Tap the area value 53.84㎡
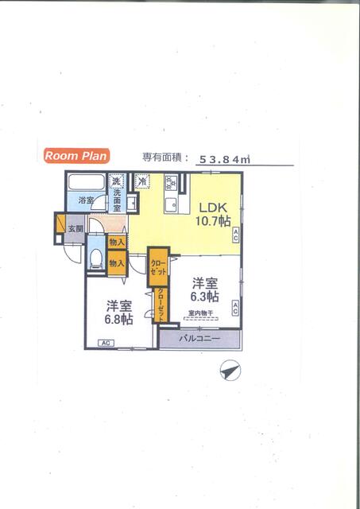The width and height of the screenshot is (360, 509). (x=225, y=159)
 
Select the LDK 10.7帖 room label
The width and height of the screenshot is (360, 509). (x=214, y=212)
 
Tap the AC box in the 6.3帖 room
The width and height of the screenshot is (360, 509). (x=236, y=309)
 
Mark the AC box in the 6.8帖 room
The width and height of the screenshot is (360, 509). (x=106, y=343)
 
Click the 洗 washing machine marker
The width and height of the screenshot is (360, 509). (x=117, y=181)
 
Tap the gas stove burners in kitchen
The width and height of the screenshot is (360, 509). (x=171, y=184)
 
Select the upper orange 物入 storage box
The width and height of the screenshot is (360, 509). (x=117, y=242)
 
